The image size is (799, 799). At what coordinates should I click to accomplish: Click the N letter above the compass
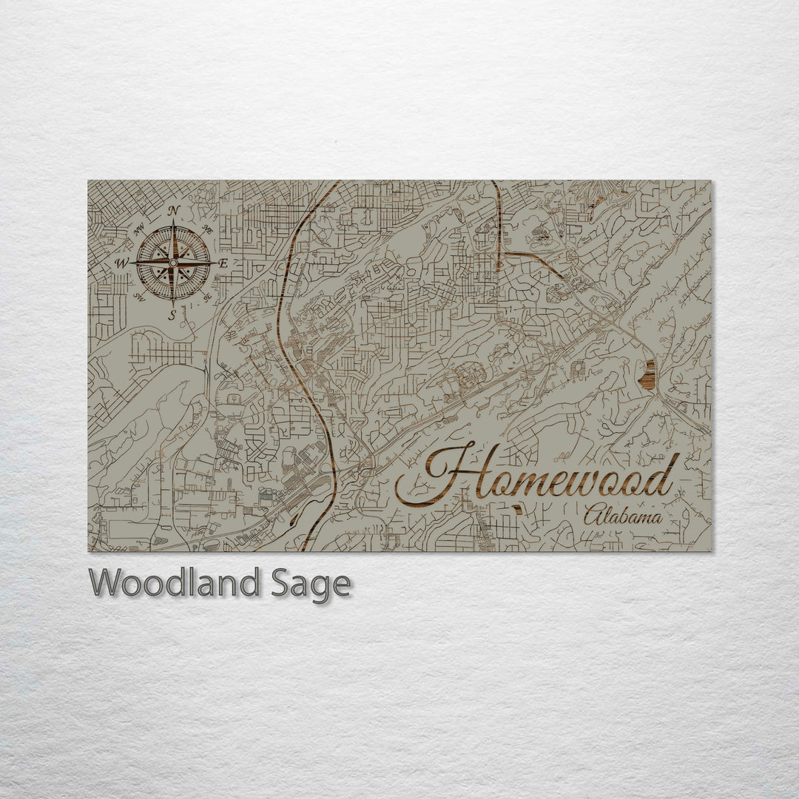173,211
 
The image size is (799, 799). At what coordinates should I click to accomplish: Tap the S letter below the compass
172,316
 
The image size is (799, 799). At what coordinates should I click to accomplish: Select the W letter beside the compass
121,263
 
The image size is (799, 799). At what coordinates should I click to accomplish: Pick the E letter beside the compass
223,263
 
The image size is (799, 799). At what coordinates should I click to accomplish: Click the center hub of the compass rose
173,262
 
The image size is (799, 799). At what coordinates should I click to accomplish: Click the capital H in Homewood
444,473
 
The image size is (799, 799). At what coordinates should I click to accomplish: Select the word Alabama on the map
622,516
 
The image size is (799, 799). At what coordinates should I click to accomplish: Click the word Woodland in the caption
175,584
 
